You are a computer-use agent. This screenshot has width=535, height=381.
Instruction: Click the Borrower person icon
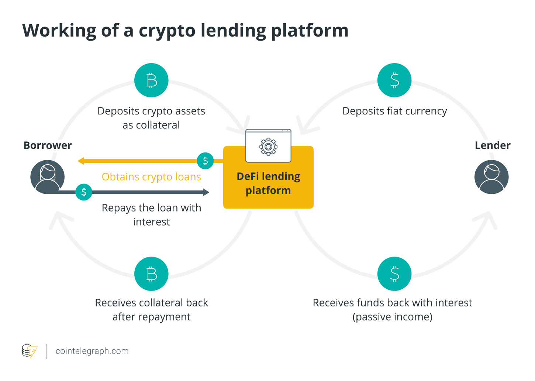click(48, 177)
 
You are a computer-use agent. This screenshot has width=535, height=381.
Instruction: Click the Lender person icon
click(491, 177)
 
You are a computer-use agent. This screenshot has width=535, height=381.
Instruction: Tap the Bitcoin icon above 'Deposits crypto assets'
click(151, 80)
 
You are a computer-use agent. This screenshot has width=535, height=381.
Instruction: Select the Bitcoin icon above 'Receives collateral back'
click(151, 274)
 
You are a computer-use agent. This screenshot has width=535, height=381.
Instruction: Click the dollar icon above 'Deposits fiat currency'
click(394, 80)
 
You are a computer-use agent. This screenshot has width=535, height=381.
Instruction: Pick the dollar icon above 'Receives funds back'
click(394, 274)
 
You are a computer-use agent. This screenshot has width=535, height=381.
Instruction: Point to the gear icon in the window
click(268, 147)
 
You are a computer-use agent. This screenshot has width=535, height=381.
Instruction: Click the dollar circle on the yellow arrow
click(206, 161)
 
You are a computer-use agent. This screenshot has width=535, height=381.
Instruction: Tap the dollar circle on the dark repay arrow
click(84, 192)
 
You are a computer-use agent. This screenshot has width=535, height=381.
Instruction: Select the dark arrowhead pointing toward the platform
click(206, 192)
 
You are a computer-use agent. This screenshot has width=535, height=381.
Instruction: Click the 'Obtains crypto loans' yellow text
click(151, 177)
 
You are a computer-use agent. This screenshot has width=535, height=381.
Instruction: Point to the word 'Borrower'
click(48, 145)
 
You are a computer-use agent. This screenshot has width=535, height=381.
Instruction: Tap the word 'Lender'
click(493, 145)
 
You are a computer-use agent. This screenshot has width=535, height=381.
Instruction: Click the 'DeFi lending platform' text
click(268, 183)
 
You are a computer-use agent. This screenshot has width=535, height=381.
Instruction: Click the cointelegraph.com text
click(92, 351)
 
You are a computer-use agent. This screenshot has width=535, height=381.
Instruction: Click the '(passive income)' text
click(392, 317)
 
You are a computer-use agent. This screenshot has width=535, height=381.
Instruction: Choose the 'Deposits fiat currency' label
click(394, 111)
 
